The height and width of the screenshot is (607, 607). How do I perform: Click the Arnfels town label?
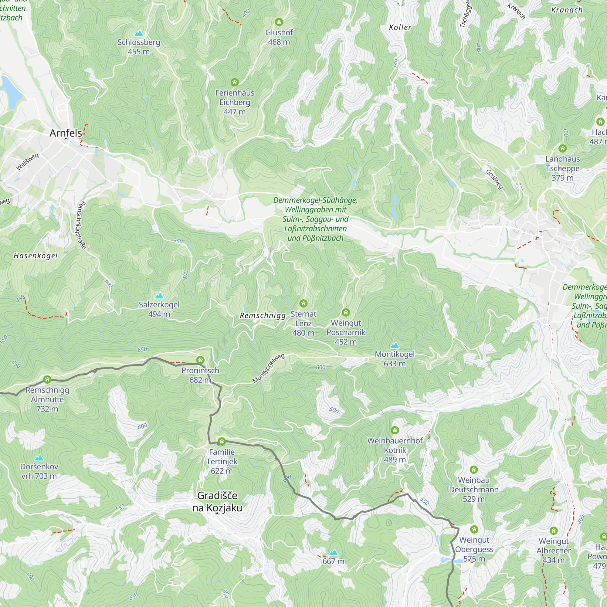(66, 133)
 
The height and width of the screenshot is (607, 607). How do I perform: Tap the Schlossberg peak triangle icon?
(139, 33)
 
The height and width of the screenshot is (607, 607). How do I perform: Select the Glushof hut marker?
(279, 22)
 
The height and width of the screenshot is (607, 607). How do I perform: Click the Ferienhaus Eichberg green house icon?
(234, 82)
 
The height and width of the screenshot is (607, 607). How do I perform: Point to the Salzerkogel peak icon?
(159, 296)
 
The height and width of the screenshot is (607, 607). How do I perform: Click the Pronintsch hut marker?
(200, 360)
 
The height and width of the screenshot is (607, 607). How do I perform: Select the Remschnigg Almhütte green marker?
(47, 380)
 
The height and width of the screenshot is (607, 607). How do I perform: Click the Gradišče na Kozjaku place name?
(217, 501)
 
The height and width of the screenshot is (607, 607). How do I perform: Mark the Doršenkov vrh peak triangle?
(39, 458)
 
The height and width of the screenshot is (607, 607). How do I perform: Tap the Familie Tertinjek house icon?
(222, 441)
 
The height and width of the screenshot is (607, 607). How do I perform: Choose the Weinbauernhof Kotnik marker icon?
(395, 430)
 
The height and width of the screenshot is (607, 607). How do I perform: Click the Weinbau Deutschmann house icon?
(473, 470)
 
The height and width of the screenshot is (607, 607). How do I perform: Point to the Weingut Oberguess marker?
(474, 529)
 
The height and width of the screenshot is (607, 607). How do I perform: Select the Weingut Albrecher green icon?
(553, 531)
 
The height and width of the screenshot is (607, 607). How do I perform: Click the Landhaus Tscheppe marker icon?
(562, 148)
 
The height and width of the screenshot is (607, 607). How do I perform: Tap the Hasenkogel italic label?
(36, 256)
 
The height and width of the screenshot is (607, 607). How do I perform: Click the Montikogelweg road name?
(268, 368)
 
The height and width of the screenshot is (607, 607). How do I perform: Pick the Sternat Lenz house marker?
(303, 303)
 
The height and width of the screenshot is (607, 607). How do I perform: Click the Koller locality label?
(400, 28)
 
